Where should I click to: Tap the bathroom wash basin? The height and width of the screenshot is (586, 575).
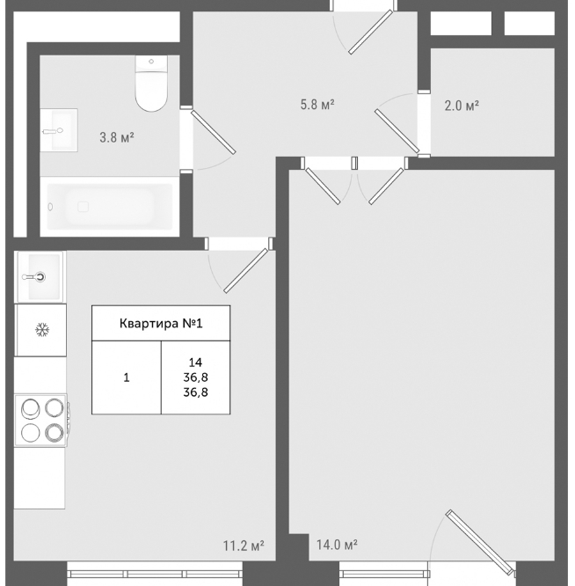[x=59, y=130]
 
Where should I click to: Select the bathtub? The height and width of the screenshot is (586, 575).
[x=110, y=206]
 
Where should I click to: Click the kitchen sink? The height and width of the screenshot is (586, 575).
[x=40, y=276]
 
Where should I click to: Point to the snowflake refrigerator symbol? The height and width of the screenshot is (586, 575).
[x=42, y=330]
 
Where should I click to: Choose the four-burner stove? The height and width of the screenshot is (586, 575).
[x=42, y=420]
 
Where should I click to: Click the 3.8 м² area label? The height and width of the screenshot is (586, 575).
[x=117, y=138]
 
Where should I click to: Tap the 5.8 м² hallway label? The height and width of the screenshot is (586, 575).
[x=317, y=105]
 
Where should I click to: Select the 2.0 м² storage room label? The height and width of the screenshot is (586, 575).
[x=462, y=106]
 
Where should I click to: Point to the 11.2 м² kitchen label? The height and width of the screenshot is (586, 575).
[x=244, y=546]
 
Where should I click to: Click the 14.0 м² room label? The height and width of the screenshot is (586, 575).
[x=337, y=545]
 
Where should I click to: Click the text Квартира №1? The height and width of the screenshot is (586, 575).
[x=161, y=323]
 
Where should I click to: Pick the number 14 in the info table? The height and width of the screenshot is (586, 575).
[x=195, y=363]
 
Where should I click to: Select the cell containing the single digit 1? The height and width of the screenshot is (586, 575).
[x=127, y=377]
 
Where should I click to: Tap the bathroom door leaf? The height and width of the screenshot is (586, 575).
[x=214, y=132]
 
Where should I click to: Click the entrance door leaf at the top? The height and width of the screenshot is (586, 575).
[x=371, y=33]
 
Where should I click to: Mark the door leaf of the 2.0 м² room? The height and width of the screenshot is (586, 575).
[x=397, y=131]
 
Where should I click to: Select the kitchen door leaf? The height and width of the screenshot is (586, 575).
[x=246, y=271]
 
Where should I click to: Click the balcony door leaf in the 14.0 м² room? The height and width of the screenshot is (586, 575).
[x=481, y=542]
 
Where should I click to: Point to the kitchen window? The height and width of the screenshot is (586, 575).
[x=155, y=574]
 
